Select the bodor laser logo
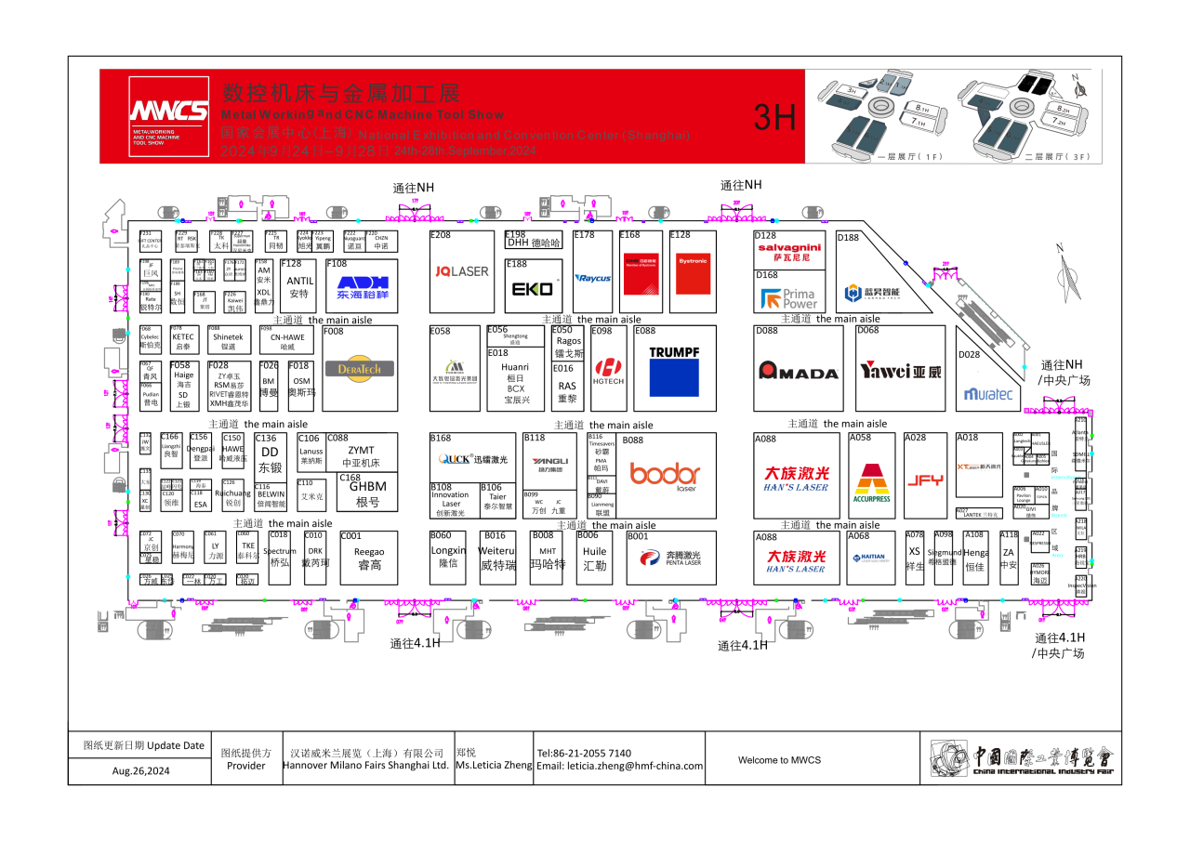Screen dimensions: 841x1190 point(665,474)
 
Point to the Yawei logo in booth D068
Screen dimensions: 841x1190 point(900,371)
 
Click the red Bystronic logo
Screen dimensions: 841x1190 point(693,274)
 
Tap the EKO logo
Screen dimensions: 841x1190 point(533,289)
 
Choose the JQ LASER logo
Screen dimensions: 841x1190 point(462,271)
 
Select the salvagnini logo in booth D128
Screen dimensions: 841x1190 point(790,252)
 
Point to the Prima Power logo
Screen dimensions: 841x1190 point(788,298)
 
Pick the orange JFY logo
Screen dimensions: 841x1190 point(925,480)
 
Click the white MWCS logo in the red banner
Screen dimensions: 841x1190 point(168,112)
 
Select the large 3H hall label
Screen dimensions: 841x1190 point(774,117)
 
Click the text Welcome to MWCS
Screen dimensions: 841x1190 point(779,760)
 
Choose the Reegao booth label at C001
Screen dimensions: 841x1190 point(368,558)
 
